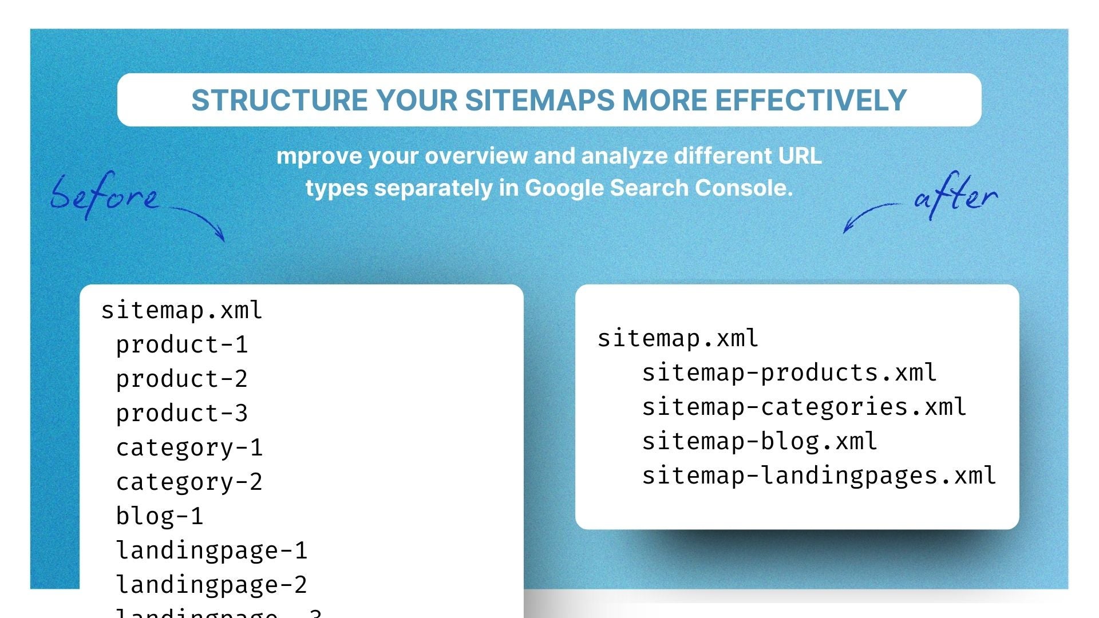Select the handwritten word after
(956, 196)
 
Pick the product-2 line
(181, 379)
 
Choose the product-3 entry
(181, 413)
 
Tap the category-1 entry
(189, 447)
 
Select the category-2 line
(189, 482)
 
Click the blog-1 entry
(159, 516)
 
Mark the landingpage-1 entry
(211, 550)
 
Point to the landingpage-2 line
(211, 585)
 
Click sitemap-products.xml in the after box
(789, 373)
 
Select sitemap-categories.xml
(804, 407)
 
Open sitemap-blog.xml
(759, 441)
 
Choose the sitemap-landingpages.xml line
(819, 476)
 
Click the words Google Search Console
(658, 188)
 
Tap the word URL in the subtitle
(800, 156)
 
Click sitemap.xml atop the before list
(181, 310)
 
